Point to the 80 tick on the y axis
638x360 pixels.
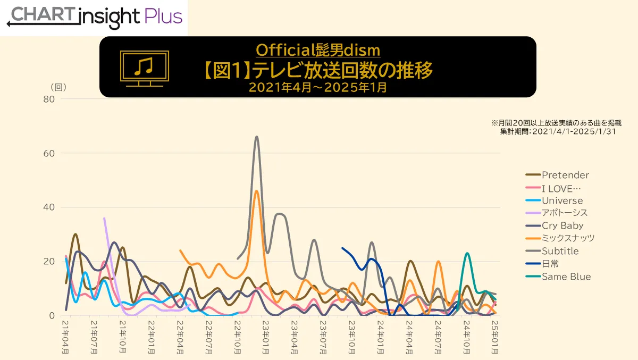48,99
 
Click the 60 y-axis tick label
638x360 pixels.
48,153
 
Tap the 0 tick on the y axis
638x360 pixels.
51,315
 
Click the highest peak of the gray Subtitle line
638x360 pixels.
257,137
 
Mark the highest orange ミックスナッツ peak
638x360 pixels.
257,191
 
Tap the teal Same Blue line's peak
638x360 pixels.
467,253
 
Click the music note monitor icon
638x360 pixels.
144,68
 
